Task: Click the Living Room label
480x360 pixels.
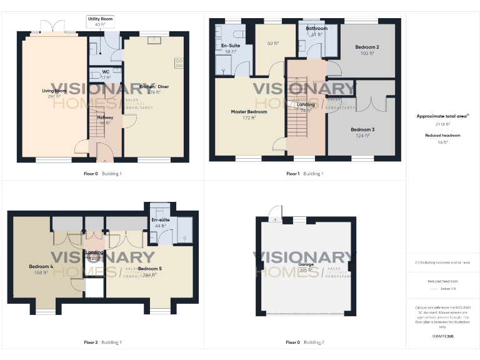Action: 54,91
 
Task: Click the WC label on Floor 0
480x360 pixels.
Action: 106,72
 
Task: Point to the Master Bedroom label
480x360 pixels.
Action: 249,111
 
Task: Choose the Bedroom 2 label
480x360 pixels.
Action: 367,47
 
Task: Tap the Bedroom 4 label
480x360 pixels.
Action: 41,266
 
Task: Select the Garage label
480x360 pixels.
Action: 306,264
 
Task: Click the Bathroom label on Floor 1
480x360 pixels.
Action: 316,29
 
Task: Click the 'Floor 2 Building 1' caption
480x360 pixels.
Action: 102,342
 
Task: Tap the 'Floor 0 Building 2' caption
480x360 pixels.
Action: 305,342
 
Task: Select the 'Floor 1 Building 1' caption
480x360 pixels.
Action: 305,173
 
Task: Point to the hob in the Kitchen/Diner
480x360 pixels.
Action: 179,62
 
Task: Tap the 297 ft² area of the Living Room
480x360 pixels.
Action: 54,96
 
